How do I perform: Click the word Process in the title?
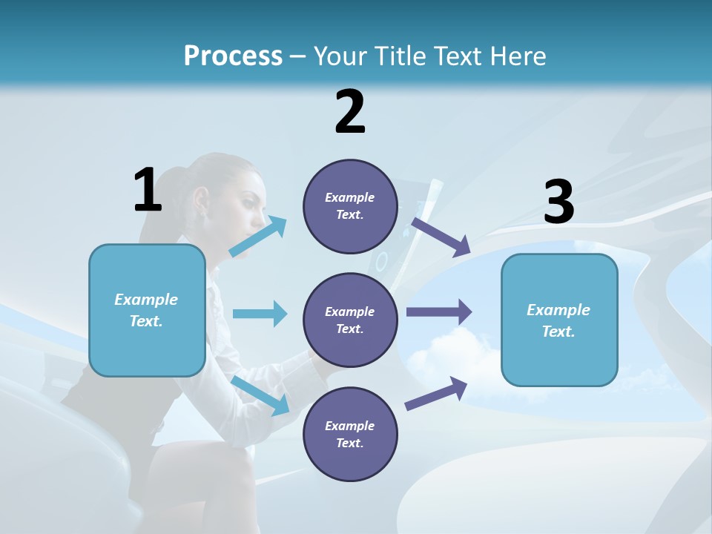[233, 56]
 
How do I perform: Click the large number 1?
[148, 190]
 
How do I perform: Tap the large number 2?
[350, 111]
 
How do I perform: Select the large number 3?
[558, 202]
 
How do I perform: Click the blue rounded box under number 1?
[147, 310]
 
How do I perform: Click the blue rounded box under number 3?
[559, 320]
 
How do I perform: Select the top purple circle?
[350, 206]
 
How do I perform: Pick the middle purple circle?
[350, 320]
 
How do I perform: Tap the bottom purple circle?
[350, 434]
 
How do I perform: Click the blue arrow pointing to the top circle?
[258, 237]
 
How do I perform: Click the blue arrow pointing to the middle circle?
[260, 314]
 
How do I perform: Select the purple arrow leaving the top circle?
[441, 237]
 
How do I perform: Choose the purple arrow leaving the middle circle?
[439, 312]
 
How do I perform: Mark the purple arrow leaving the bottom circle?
[437, 394]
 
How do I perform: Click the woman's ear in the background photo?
[200, 199]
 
